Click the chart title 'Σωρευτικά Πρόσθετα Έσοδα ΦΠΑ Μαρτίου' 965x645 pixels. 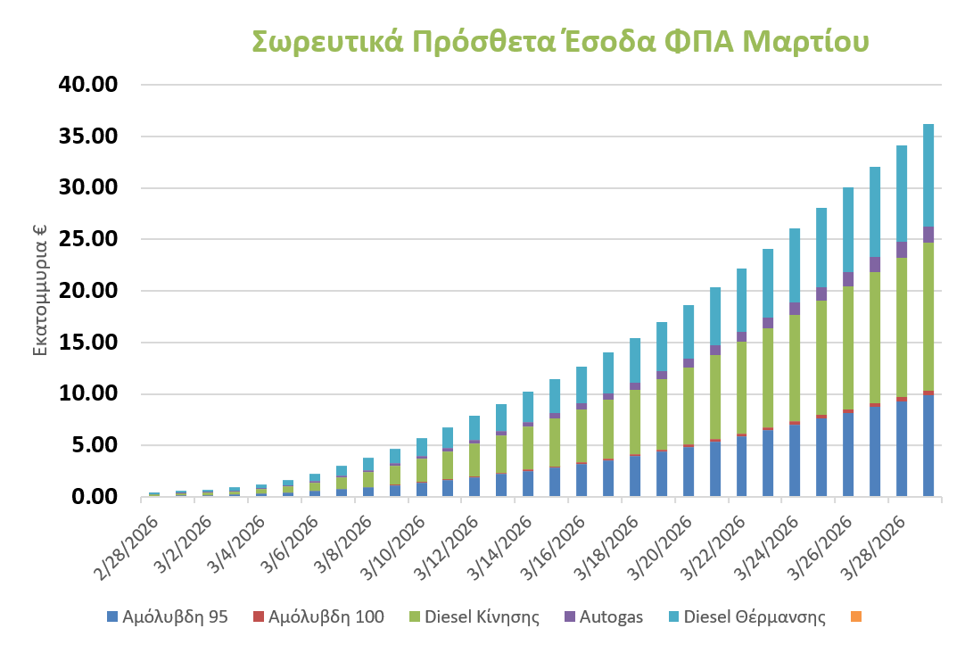(560, 42)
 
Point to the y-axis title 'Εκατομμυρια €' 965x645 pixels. (40, 290)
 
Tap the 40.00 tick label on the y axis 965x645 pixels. (87, 85)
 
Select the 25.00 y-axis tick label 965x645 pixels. (87, 239)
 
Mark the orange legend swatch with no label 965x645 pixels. (856, 616)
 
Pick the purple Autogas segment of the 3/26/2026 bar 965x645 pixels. (848, 279)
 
